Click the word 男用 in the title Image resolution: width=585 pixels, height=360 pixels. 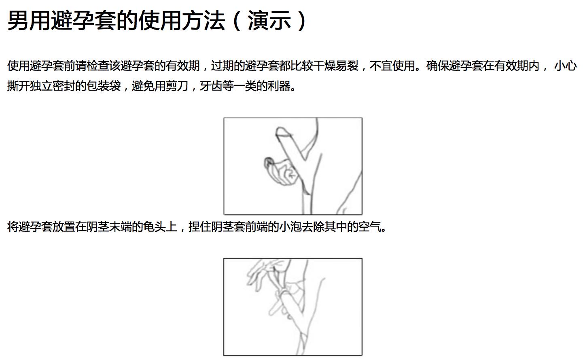tap(29, 21)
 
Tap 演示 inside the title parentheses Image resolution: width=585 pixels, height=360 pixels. tap(269, 21)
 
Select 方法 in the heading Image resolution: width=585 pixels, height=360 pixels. tap(203, 21)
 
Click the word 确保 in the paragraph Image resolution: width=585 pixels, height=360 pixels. tap(437, 66)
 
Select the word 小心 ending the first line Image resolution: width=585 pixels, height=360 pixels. tap(565, 66)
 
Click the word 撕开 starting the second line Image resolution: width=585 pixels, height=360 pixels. tap(18, 86)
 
